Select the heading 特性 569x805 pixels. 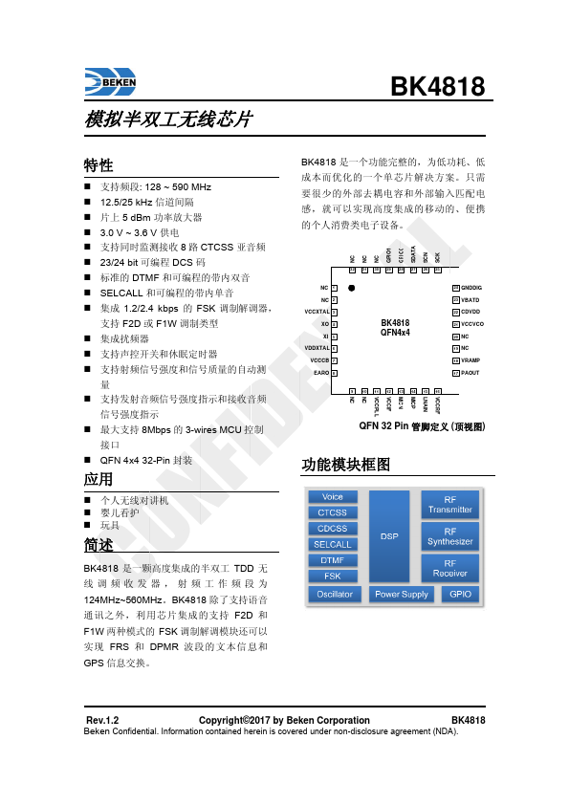click(x=98, y=165)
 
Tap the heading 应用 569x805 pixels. click(x=98, y=479)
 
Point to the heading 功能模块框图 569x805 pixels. click(x=346, y=464)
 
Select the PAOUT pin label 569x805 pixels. click(x=471, y=373)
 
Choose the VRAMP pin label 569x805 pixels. click(x=471, y=360)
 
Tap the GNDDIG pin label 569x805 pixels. click(x=472, y=288)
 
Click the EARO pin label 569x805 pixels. click(x=321, y=373)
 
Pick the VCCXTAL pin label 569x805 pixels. click(x=317, y=312)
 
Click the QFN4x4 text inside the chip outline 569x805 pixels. click(x=395, y=333)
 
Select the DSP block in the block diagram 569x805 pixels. click(x=389, y=536)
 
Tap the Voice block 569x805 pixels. click(x=333, y=497)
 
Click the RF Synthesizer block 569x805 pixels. click(x=450, y=536)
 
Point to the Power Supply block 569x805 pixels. click(x=402, y=594)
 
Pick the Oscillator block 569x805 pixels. click(x=335, y=594)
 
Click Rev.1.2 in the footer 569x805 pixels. click(x=102, y=720)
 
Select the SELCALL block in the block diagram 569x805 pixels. click(x=333, y=544)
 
